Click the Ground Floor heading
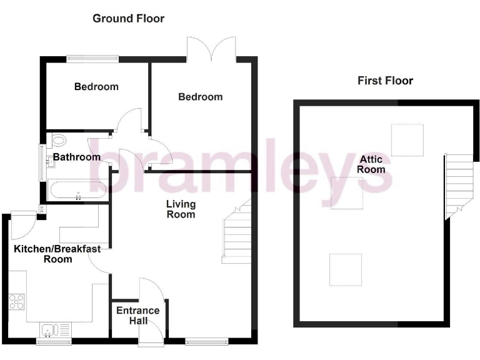click(128, 18)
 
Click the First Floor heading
click(385, 81)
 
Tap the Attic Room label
click(371, 164)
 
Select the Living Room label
click(181, 209)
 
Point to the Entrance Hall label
click(139, 316)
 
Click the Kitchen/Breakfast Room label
click(57, 254)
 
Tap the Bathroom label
click(76, 157)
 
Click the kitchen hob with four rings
click(17, 302)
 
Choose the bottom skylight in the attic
click(346, 269)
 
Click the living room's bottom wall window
click(207, 341)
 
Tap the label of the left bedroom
click(96, 87)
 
